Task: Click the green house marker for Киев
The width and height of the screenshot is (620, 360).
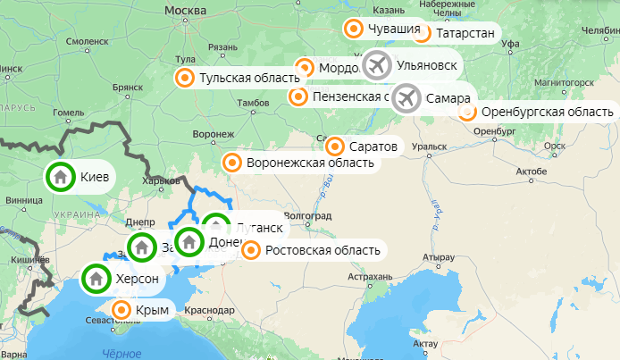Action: click(60, 177)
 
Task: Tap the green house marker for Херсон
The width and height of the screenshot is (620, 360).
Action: click(96, 280)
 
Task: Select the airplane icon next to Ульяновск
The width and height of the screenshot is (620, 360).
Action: click(378, 65)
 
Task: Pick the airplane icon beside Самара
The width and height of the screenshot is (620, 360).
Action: click(407, 97)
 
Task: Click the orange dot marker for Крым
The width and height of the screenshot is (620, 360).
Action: click(120, 310)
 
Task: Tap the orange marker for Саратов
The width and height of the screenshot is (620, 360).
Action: click(335, 146)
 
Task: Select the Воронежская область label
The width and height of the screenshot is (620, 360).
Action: click(310, 163)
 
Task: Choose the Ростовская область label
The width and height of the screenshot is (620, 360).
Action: click(323, 250)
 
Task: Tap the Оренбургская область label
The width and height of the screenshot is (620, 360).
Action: click(547, 112)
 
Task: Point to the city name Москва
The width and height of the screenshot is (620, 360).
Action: click(186, 9)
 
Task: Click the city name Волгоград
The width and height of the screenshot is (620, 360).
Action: click(307, 216)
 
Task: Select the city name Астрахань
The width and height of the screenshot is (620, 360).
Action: click(370, 277)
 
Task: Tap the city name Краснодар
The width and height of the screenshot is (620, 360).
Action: click(211, 311)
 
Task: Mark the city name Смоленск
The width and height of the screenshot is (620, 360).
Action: click(88, 41)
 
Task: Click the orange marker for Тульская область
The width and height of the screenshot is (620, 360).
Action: click(185, 78)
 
